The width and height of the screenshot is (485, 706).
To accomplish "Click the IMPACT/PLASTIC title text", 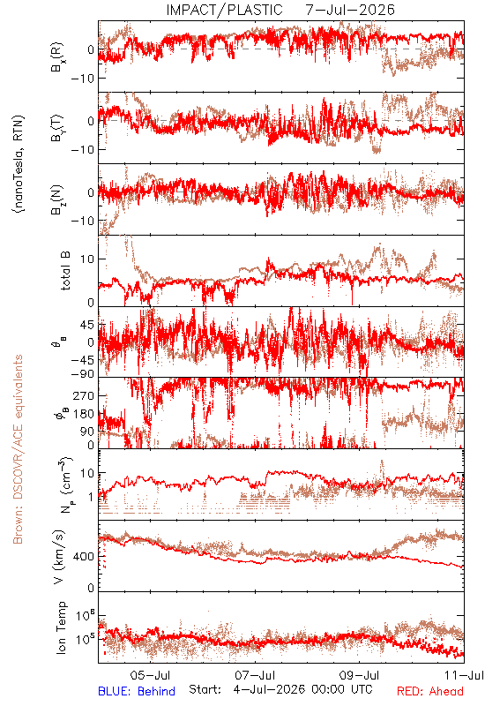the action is point(224,10).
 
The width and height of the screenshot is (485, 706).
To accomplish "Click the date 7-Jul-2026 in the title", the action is point(350,10).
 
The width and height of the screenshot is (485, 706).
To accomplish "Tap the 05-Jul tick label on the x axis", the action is point(150,675).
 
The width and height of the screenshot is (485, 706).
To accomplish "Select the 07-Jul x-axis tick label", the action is point(256,675).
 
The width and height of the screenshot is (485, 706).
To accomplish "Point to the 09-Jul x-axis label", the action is point(360,675).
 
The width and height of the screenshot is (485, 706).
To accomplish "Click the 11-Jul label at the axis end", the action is point(465,675).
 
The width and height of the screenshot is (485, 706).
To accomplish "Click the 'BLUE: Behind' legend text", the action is point(137,691).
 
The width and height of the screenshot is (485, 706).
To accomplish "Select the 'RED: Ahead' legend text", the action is point(430,691).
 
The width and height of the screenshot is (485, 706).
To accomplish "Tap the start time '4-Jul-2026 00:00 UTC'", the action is point(302,690).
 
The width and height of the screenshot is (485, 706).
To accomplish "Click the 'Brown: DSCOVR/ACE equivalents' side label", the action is point(18,449).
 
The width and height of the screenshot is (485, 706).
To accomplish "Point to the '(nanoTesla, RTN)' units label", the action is point(19,164).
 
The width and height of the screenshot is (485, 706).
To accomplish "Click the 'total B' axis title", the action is point(65,271).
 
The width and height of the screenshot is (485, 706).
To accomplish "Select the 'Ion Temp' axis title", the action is point(62,627).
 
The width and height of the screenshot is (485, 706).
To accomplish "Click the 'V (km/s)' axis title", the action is point(60,557).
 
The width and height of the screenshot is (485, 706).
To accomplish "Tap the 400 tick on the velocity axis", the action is point(84,557).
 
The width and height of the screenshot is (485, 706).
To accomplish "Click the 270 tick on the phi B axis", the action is point(84,395).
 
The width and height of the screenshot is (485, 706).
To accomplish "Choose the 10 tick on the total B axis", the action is point(87,259).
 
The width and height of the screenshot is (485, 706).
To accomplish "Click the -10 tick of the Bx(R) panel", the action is point(82,78).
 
